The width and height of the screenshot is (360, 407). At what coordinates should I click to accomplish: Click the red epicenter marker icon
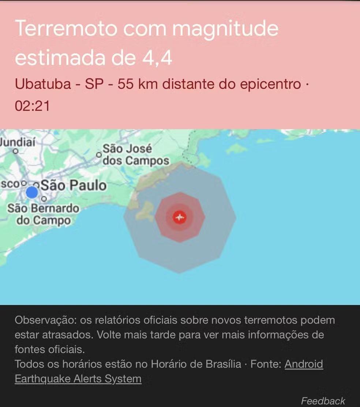[179, 217]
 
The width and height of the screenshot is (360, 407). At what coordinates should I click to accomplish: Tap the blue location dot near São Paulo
[32, 192]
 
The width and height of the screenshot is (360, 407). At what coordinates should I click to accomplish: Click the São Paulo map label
[74, 185]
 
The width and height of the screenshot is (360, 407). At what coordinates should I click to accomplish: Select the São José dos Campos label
[136, 155]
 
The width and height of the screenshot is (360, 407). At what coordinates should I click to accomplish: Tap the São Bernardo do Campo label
[43, 214]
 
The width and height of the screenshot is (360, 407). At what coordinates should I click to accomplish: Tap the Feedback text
[323, 401]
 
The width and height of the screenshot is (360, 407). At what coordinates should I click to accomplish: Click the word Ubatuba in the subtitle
[43, 85]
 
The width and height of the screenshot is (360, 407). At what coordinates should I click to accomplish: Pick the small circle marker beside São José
[98, 154]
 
